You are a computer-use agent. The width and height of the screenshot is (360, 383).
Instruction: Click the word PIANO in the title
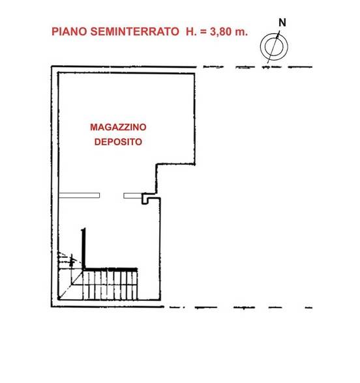pyautogui.click(x=67, y=31)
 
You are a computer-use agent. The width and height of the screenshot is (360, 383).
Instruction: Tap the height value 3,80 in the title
pyautogui.click(x=219, y=31)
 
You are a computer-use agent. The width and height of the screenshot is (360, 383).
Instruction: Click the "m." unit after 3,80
pyautogui.click(x=241, y=31)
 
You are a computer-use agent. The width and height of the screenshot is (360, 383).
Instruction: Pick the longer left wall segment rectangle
pyautogui.click(x=78, y=195)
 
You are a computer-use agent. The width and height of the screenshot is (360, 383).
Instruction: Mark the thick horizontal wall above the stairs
pyautogui.click(x=110, y=269)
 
